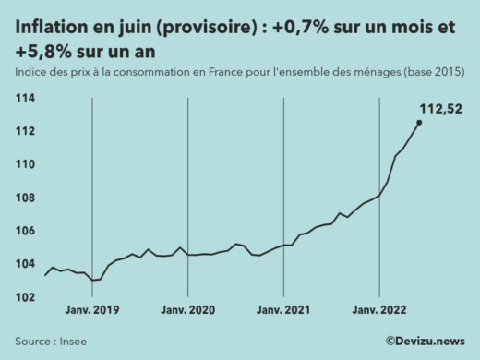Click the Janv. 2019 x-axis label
(92, 309)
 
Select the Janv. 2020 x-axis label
(187, 309)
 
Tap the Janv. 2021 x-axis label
(283, 309)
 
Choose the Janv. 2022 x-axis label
(378, 309)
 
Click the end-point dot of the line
(419, 122)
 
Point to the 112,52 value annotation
(440, 109)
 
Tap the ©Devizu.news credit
(425, 341)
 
